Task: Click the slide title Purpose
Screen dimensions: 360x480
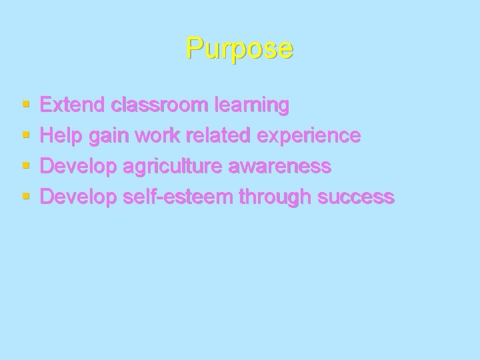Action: [239, 48]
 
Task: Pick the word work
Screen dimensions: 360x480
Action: [159, 136]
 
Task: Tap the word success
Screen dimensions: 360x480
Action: [357, 198]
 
